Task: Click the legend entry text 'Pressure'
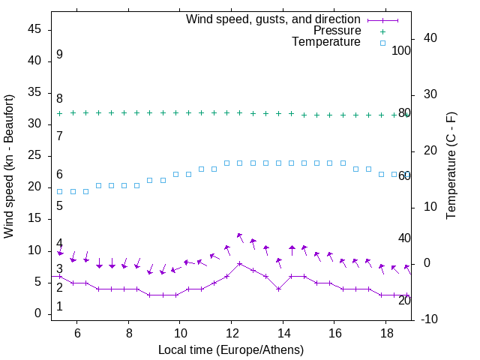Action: click(337, 31)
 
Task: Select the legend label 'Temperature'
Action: click(326, 42)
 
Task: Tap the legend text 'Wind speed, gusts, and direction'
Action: click(273, 19)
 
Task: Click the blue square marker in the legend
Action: click(382, 43)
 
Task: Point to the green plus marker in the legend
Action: click(382, 31)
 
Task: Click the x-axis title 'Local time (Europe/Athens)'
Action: click(231, 349)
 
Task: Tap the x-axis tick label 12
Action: click(231, 333)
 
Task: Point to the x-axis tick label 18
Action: click(385, 333)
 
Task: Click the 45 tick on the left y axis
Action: click(34, 29)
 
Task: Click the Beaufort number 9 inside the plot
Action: click(59, 55)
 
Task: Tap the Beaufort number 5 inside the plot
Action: click(59, 205)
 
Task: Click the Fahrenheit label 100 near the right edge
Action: click(401, 51)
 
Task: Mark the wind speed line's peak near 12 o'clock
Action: click(239, 263)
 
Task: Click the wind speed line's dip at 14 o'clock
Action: click(278, 289)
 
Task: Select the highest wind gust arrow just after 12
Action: click(239, 235)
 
